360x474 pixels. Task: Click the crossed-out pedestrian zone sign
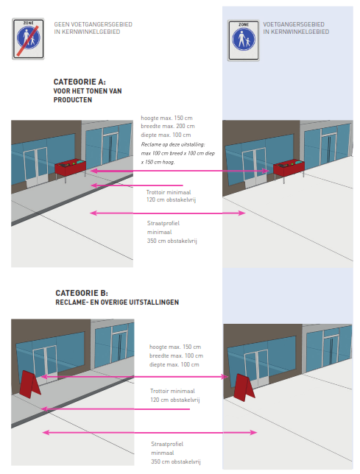click(x=28, y=39)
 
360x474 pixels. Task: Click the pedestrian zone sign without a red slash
click(x=244, y=40)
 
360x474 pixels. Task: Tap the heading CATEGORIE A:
click(x=80, y=82)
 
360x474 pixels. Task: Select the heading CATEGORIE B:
click(x=82, y=293)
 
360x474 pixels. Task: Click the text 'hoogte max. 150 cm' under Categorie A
click(x=166, y=118)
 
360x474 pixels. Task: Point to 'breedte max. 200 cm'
click(x=168, y=126)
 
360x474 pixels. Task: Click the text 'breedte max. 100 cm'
click(x=176, y=355)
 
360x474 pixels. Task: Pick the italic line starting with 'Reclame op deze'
click(x=173, y=144)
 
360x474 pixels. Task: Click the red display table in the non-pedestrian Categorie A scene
click(x=71, y=168)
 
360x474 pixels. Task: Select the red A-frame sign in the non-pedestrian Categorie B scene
click(x=29, y=384)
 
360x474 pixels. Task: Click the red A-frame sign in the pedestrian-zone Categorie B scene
click(x=244, y=388)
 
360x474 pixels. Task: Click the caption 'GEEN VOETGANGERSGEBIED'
click(x=93, y=24)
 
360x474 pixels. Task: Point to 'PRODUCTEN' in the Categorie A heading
click(x=73, y=100)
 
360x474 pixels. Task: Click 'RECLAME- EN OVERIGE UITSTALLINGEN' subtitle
click(x=117, y=303)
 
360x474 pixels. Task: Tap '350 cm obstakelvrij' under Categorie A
click(x=172, y=241)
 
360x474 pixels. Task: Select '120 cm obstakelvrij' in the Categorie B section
click(x=175, y=400)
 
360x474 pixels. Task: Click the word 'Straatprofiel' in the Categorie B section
click(x=167, y=444)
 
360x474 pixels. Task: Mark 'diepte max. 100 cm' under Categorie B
click(x=174, y=364)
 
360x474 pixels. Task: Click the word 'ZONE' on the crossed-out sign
click(x=28, y=23)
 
